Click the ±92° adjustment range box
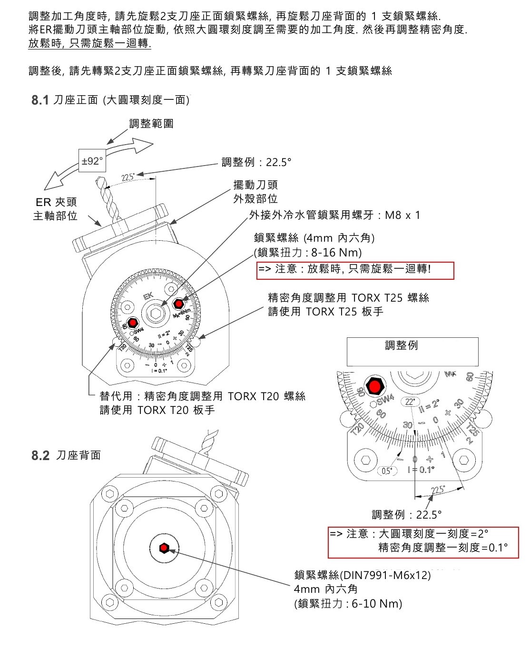[x=92, y=161]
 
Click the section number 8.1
[x=40, y=100]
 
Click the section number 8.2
[x=40, y=455]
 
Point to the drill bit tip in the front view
[x=98, y=180]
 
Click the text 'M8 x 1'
[x=402, y=215]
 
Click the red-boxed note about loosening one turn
[x=355, y=270]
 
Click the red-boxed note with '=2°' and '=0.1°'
[x=423, y=541]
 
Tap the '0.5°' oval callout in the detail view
[x=387, y=471]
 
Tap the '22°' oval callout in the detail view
[x=410, y=402]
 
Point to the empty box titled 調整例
[x=412, y=352]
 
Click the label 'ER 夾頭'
[x=56, y=202]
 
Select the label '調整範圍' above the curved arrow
[x=151, y=124]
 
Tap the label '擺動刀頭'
[x=255, y=185]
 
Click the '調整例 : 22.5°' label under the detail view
[x=406, y=514]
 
